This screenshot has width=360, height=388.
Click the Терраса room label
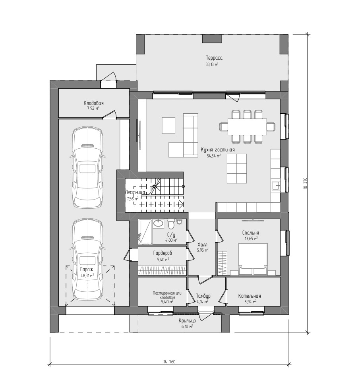tap(214, 58)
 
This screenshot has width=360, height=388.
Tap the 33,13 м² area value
tap(212, 64)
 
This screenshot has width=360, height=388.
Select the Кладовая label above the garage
tap(93, 103)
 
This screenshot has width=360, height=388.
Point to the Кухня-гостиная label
tap(218, 150)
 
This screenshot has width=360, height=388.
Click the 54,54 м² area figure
tap(213, 156)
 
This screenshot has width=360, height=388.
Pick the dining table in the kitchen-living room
tap(247, 126)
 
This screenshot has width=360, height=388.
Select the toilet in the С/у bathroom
tap(171, 223)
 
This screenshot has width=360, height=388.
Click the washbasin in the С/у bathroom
tap(158, 223)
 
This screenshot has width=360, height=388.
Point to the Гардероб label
tap(163, 253)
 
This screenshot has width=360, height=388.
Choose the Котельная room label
tap(250, 296)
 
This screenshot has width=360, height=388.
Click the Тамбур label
tap(203, 296)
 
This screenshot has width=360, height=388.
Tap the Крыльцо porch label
tap(187, 321)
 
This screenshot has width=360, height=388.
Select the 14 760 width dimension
tap(169, 362)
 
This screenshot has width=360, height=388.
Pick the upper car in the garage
tap(87, 167)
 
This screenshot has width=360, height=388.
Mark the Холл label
tap(203, 245)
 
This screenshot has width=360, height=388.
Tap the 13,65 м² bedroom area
tap(251, 239)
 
